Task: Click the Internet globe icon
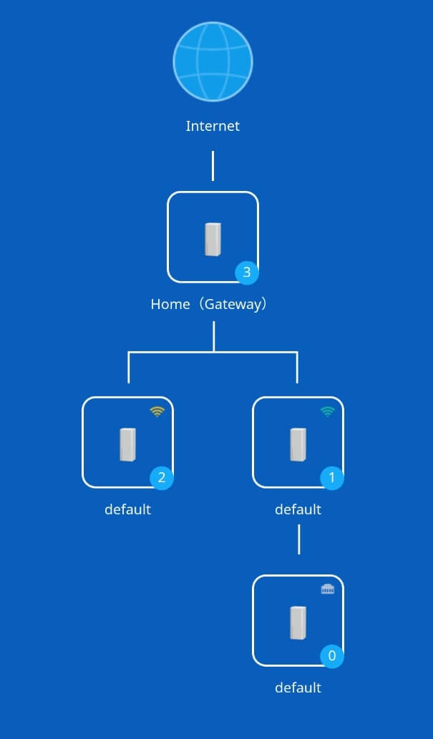(x=213, y=62)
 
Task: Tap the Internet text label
(x=213, y=127)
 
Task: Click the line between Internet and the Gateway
(x=213, y=165)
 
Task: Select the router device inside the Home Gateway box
(x=213, y=238)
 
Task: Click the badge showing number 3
(x=247, y=272)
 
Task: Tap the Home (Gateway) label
(x=209, y=304)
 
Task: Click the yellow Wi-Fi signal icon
(x=157, y=411)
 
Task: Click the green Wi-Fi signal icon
(x=327, y=411)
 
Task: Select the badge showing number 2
(x=161, y=477)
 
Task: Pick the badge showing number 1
(x=331, y=477)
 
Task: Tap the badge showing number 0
(x=331, y=655)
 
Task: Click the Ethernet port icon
(x=327, y=589)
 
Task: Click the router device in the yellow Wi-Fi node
(x=127, y=444)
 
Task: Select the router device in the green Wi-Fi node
(x=298, y=444)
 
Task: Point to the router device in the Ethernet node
(x=298, y=622)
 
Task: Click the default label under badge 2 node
(x=127, y=509)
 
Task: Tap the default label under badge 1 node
(x=298, y=509)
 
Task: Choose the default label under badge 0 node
(x=298, y=687)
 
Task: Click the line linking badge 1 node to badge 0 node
(x=298, y=539)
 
